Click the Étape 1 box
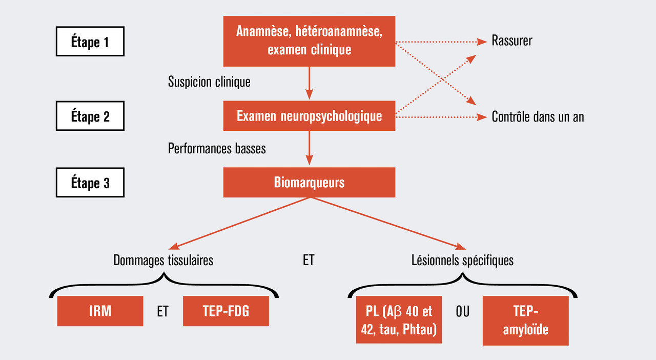click(90, 42)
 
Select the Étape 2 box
click(90, 116)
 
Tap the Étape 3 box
click(90, 183)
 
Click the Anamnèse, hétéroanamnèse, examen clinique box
click(309, 41)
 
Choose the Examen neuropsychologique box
click(309, 116)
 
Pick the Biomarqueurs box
click(309, 182)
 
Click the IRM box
click(100, 311)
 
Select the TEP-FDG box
click(225, 311)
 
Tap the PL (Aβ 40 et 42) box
click(398, 320)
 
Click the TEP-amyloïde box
click(525, 320)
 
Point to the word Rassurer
click(511, 41)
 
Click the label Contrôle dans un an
click(538, 117)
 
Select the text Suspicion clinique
click(209, 82)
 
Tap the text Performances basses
click(217, 149)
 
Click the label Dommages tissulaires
click(163, 261)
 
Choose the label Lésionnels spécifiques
click(462, 261)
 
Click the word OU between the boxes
click(462, 311)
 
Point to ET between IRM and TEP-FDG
click(162, 311)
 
